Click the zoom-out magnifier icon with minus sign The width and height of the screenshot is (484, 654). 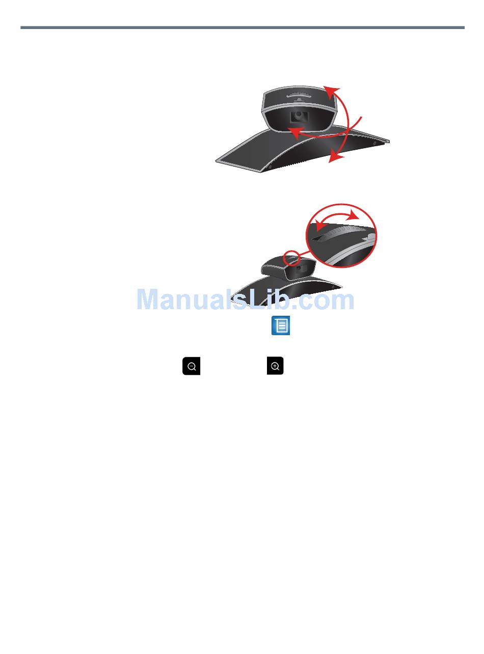[192, 366]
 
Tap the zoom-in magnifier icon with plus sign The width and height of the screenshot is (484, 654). [275, 366]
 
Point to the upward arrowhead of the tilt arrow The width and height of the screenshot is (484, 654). [331, 91]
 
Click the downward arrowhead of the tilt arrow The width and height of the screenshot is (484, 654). [333, 158]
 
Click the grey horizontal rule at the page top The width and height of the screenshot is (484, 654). [242, 28]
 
